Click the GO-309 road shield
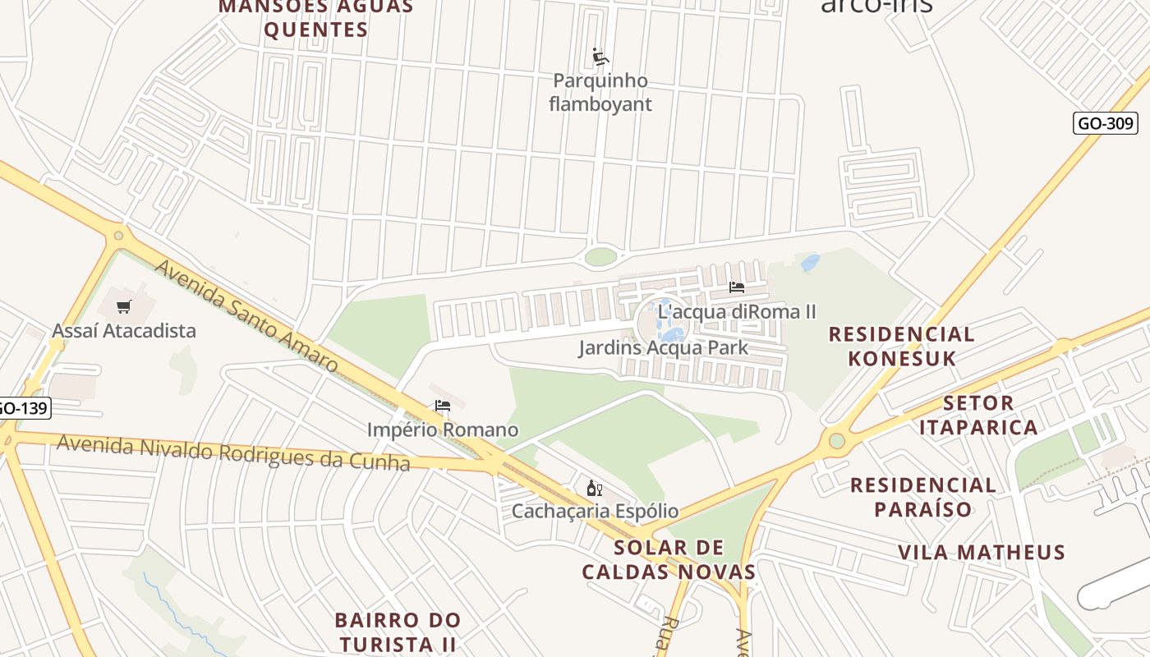click(1106, 123)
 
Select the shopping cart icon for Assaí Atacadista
click(124, 307)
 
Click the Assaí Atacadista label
click(124, 331)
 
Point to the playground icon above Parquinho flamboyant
click(600, 57)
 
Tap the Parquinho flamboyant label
click(600, 93)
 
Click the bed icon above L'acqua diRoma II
click(737, 287)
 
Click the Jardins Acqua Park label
click(664, 347)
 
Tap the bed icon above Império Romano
click(443, 406)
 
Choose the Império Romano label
click(443, 430)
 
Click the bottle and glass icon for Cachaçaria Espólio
click(595, 489)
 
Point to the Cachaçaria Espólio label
click(595, 512)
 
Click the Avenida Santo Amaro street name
click(246, 315)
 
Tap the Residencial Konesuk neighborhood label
click(901, 346)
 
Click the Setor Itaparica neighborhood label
click(977, 415)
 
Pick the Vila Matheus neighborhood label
click(981, 552)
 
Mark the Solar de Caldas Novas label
click(669, 559)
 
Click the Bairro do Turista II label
click(398, 631)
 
